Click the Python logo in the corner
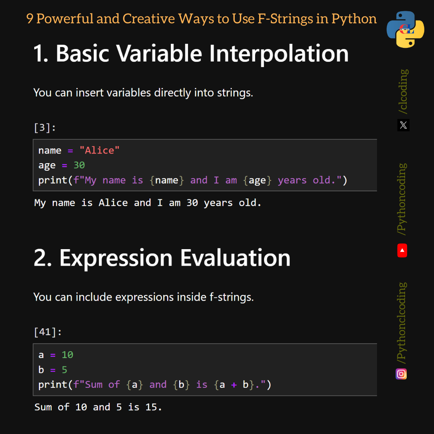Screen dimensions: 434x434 tap(405, 29)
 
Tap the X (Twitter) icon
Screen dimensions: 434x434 tap(403, 125)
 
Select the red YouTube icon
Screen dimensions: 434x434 tap(402, 251)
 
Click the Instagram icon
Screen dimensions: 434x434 tap(401, 374)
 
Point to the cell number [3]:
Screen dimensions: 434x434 tap(45, 128)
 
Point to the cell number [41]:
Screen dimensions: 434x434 tap(48, 332)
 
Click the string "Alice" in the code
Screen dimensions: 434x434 tap(99, 150)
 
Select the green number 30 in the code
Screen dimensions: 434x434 tap(79, 165)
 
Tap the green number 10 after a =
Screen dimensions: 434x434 tap(67, 355)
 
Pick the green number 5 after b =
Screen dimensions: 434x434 tap(64, 370)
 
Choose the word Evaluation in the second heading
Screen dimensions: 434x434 tap(235, 258)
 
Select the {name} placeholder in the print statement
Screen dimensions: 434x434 tap(167, 180)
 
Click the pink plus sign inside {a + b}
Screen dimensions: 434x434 tap(234, 385)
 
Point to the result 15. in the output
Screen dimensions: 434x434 tap(154, 407)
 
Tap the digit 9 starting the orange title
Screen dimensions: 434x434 tap(30, 18)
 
